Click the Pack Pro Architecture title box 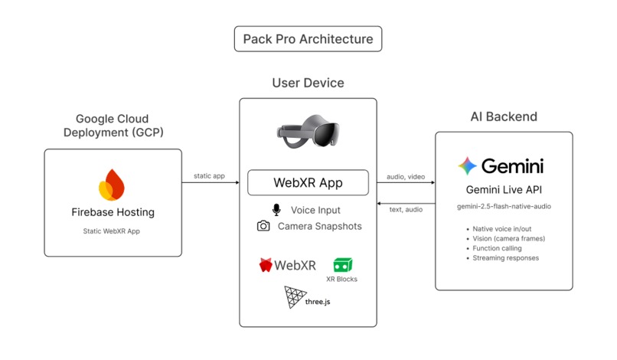(308, 39)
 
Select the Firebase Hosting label (113, 212)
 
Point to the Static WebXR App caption (113, 230)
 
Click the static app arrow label (209, 175)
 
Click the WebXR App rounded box (308, 183)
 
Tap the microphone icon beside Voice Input (276, 210)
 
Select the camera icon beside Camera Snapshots (263, 226)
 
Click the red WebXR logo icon (266, 266)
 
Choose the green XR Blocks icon (341, 265)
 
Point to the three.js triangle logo (295, 296)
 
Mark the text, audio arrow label (405, 210)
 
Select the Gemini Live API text (504, 190)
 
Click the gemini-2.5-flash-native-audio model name (504, 207)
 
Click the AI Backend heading (503, 116)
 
